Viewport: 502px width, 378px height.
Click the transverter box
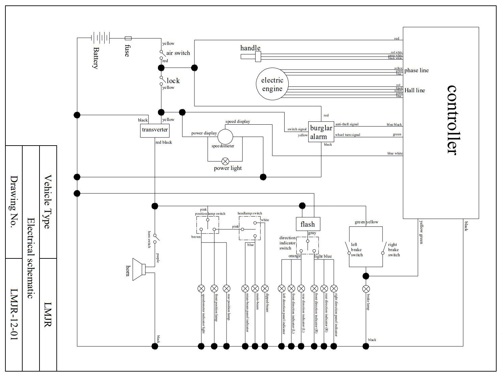tap(155, 130)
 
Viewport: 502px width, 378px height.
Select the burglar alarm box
tap(321, 132)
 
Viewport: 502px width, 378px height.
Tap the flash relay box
tap(308, 224)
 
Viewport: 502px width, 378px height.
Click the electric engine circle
tap(272, 84)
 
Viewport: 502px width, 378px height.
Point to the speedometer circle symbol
tap(225, 137)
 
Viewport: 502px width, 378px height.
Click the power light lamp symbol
tap(225, 161)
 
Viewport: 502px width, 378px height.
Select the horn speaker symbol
tap(139, 269)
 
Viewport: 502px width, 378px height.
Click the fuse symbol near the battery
tap(128, 38)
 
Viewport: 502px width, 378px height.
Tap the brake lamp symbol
tap(366, 289)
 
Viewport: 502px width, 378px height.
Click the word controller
tap(452, 120)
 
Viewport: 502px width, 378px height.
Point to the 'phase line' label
tap(416, 70)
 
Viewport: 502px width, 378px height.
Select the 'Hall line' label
tap(415, 90)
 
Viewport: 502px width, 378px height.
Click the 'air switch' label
tap(178, 53)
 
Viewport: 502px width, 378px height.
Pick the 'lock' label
tap(173, 81)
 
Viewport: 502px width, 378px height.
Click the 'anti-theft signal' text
tap(347, 124)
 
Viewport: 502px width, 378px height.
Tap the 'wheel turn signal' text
tap(347, 135)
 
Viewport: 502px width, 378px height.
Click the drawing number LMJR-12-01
tap(14, 314)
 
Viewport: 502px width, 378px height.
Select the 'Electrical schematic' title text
tap(31, 258)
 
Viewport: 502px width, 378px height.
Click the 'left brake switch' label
tap(356, 250)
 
